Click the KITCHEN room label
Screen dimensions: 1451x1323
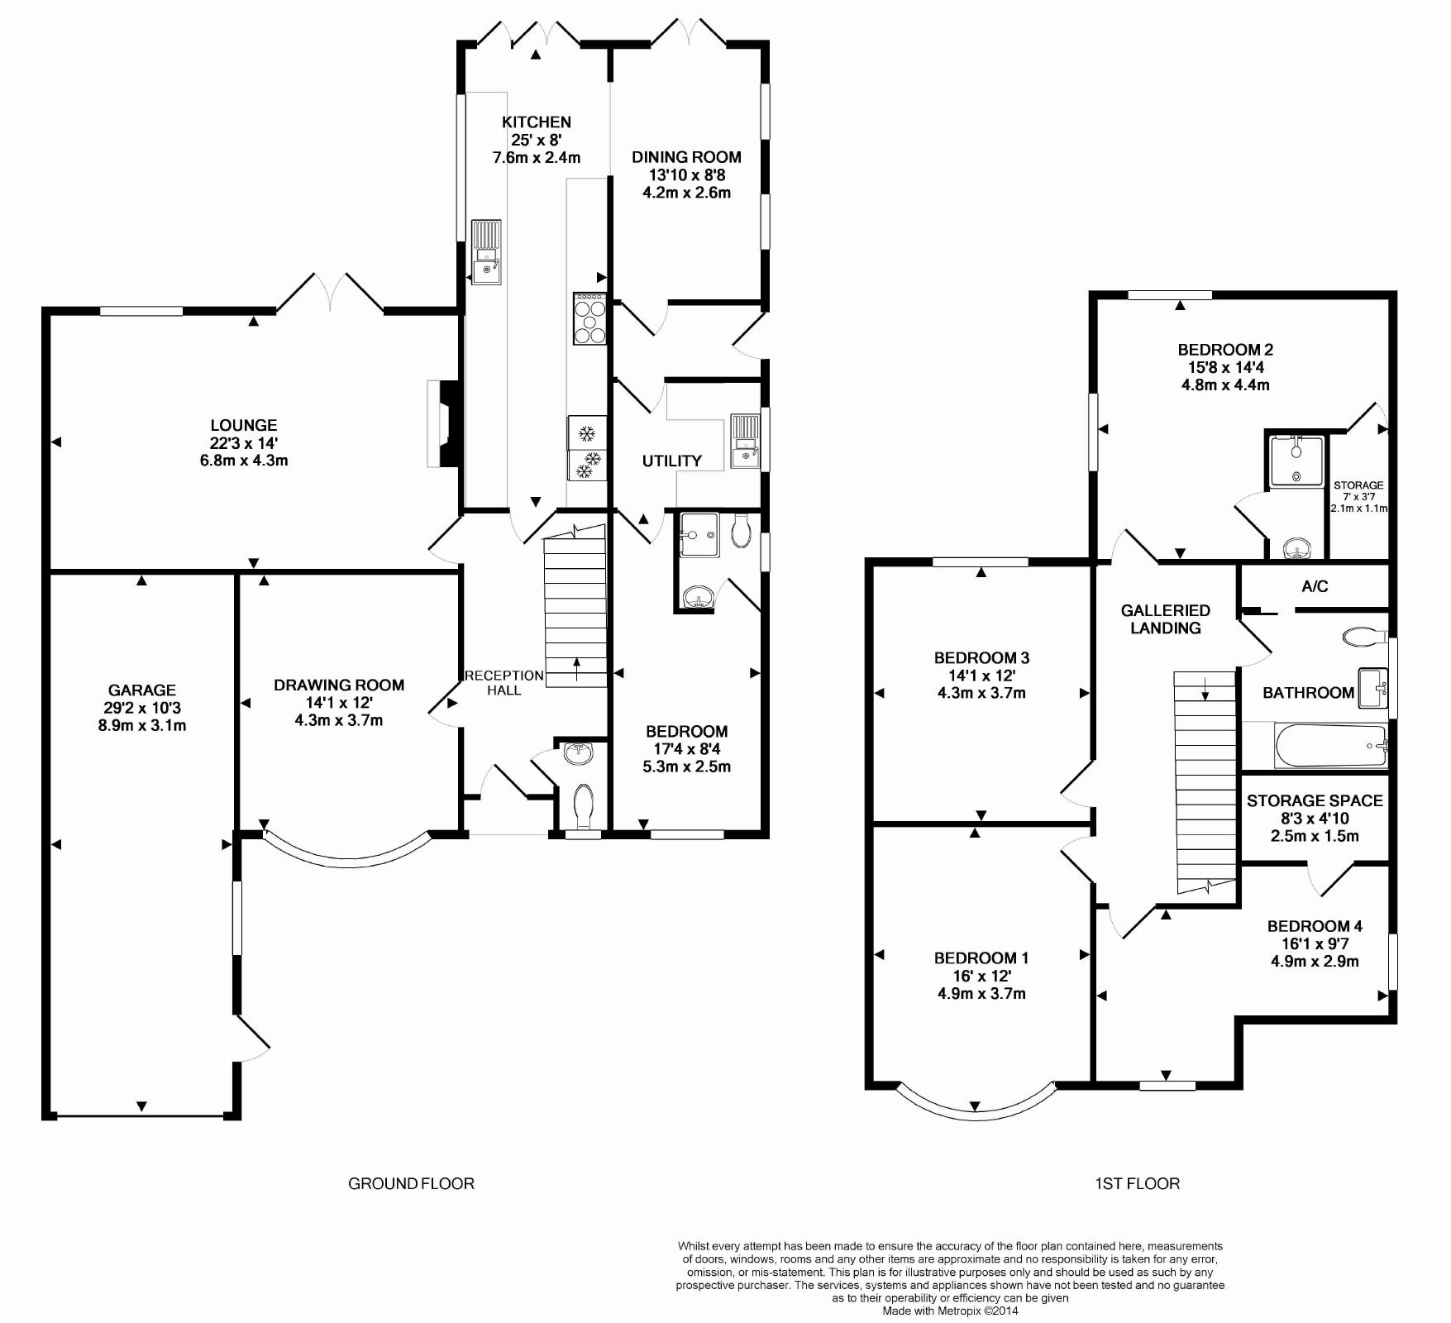[x=537, y=122]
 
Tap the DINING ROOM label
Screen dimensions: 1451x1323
[x=686, y=157]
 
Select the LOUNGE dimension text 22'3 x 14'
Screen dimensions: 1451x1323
[x=244, y=443]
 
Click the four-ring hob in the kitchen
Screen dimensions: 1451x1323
[x=590, y=318]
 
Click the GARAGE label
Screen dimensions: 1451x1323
[x=142, y=690]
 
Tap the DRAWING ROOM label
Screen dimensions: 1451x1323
[x=339, y=685]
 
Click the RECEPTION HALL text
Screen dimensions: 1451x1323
[x=504, y=683]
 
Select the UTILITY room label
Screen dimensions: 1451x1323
[x=672, y=461]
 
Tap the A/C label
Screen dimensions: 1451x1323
[x=1315, y=586]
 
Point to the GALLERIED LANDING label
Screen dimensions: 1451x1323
[x=1166, y=619]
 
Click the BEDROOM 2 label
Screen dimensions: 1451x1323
[x=1225, y=350]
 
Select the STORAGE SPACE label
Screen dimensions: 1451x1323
[x=1315, y=800]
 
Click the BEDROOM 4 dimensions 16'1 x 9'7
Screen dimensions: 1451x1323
[x=1315, y=943]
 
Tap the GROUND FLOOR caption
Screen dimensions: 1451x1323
[x=411, y=1183]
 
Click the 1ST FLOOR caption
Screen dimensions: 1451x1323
[x=1138, y=1183]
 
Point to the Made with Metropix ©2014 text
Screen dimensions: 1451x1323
[x=951, y=1311]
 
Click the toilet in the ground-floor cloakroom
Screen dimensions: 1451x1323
[x=583, y=805]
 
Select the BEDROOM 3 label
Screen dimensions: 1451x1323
[x=981, y=658]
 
